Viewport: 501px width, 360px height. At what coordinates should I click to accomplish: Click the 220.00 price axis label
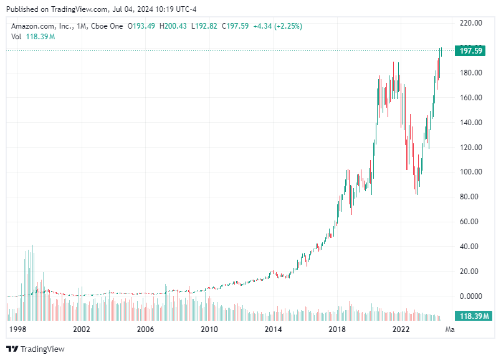(x=470, y=23)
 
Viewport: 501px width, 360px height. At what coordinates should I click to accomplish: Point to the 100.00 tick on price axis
(x=470, y=172)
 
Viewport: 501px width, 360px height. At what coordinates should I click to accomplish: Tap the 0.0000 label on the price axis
(x=470, y=296)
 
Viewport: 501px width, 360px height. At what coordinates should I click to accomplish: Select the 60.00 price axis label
(x=470, y=222)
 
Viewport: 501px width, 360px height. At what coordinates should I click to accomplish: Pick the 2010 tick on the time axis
(x=209, y=329)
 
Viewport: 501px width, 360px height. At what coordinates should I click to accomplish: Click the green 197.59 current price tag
(x=472, y=51)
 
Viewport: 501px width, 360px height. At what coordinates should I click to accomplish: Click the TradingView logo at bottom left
(x=36, y=349)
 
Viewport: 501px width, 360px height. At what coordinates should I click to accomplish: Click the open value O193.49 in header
(x=142, y=26)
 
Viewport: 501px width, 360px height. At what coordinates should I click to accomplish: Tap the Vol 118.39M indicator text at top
(x=33, y=37)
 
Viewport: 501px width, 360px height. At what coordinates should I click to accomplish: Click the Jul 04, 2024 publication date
(x=120, y=8)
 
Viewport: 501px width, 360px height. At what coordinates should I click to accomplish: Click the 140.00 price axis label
(x=470, y=123)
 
